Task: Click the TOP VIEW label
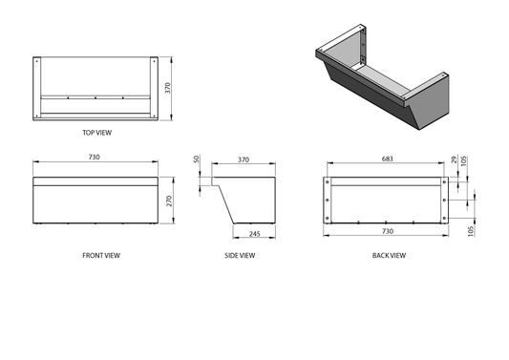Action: coord(96,133)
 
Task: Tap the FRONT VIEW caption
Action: coord(101,256)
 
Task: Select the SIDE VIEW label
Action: coord(240,256)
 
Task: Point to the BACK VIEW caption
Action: coord(389,256)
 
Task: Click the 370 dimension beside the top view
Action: coord(167,88)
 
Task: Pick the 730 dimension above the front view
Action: coord(95,158)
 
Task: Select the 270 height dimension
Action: coord(169,201)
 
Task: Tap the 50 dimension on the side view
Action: coord(196,159)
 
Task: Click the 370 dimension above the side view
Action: coord(244,159)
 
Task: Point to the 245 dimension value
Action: coord(254,234)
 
